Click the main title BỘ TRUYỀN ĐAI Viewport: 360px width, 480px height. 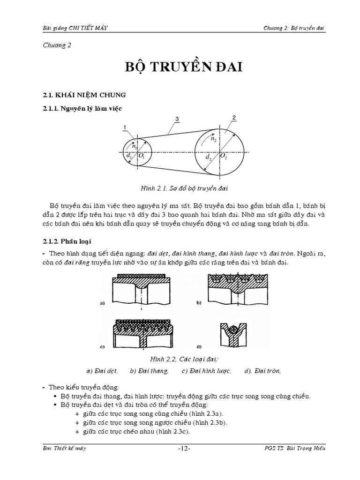180,67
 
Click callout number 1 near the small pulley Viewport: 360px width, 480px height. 124,127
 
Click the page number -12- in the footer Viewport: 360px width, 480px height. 184,449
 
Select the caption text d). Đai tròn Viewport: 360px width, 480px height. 262,371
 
